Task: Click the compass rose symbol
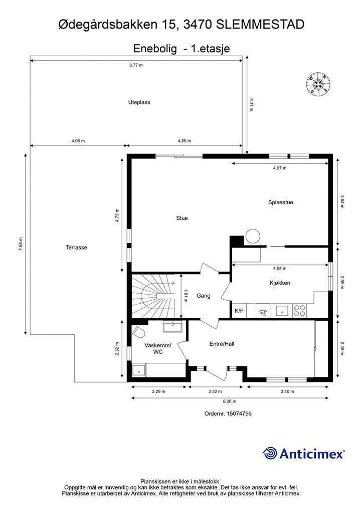[317, 85]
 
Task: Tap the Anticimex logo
[304, 453]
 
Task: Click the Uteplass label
[139, 102]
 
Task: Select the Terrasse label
[76, 247]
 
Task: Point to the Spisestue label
[280, 202]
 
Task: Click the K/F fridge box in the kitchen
[239, 311]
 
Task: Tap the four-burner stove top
[299, 311]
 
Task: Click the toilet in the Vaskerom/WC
[139, 331]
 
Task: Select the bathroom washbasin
[172, 326]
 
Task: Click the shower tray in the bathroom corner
[139, 370]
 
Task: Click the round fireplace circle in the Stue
[253, 236]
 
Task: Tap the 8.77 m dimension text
[136, 65]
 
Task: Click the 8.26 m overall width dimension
[230, 401]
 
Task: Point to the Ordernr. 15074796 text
[228, 414]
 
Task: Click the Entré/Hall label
[222, 344]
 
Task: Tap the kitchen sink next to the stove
[281, 310]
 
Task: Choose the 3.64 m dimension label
[342, 202]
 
